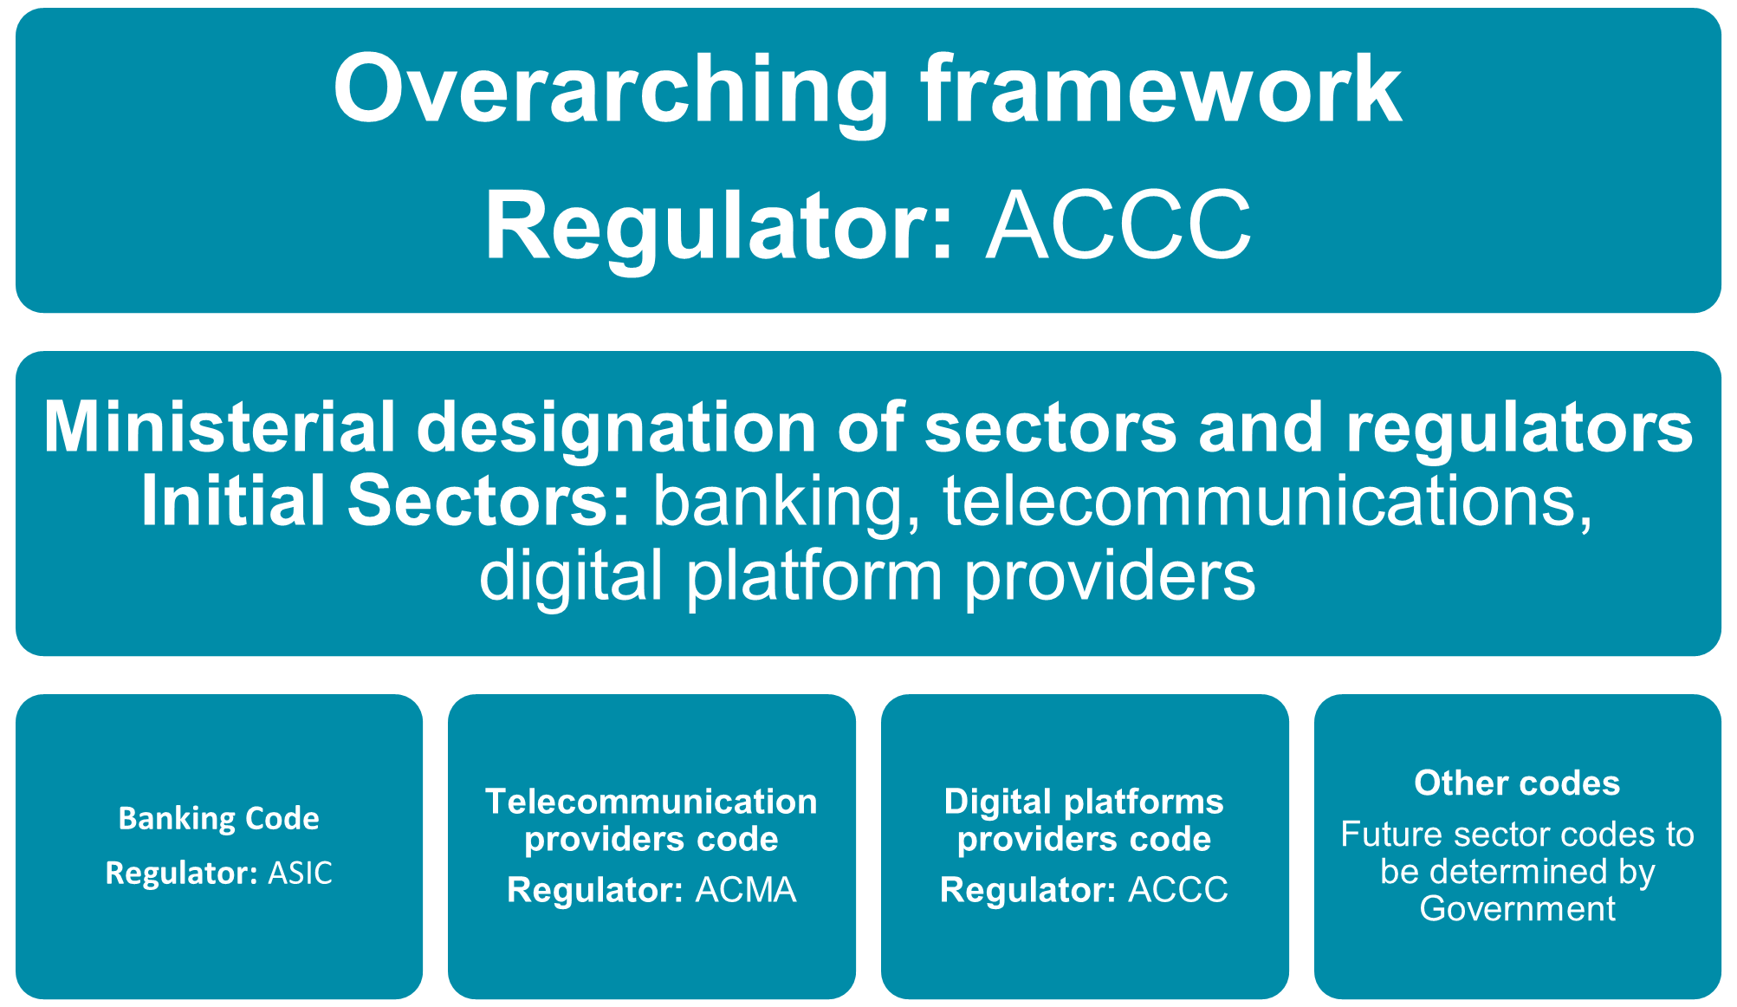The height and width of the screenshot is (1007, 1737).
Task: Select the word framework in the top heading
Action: [1161, 88]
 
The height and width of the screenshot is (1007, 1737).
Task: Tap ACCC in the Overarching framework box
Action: [1118, 226]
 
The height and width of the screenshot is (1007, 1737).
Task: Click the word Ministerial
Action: [219, 426]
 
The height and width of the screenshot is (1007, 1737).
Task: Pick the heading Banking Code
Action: [219, 818]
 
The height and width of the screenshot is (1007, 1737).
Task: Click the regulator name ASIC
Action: [300, 873]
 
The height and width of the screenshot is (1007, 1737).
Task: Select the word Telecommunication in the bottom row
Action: [651, 802]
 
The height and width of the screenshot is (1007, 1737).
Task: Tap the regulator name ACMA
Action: [746, 890]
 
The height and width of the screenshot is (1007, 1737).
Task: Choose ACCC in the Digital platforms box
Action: [1178, 890]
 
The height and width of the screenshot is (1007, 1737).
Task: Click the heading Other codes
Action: [1517, 783]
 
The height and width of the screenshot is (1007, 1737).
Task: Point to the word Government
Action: [1517, 909]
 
